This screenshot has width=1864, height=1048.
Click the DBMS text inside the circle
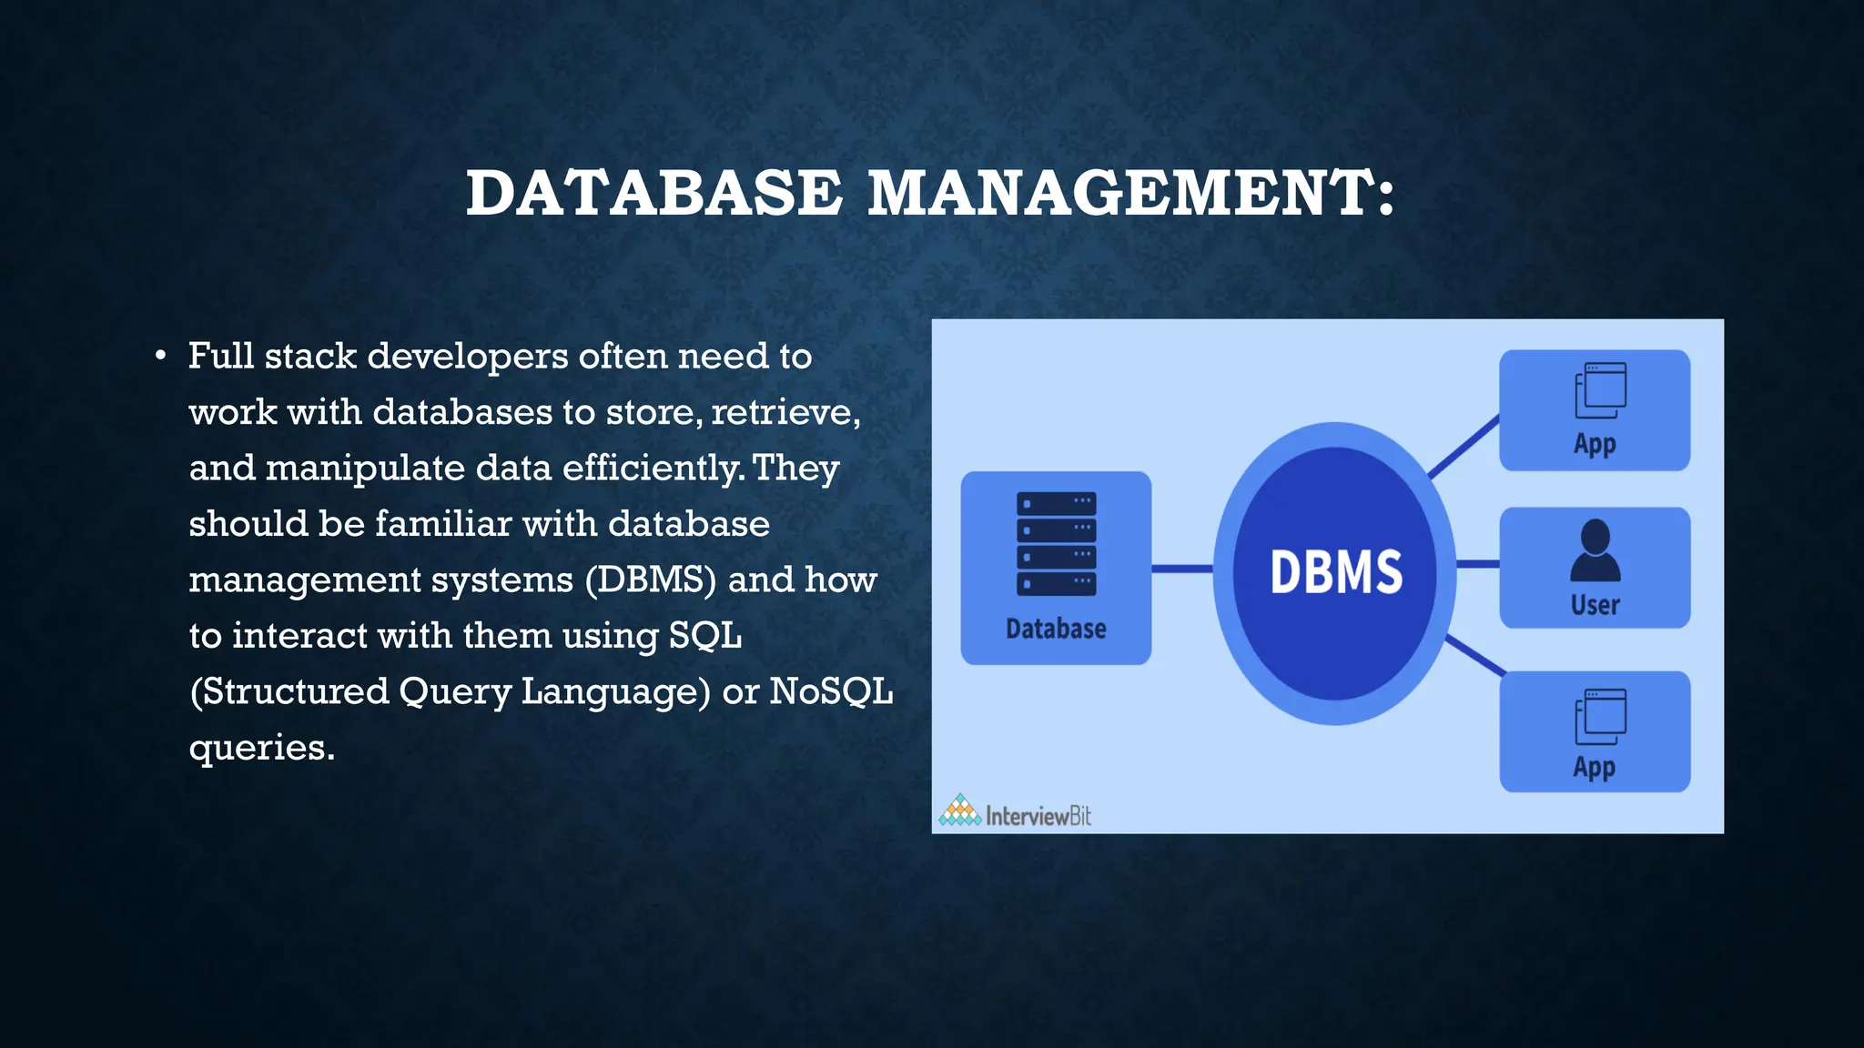click(x=1336, y=572)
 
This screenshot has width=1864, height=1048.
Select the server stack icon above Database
click(x=1056, y=544)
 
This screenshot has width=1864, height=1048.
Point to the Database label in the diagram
click(x=1056, y=629)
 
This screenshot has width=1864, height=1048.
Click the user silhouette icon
click(x=1595, y=550)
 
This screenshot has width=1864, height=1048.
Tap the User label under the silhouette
click(x=1595, y=605)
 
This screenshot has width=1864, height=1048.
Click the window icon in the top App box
click(x=1599, y=391)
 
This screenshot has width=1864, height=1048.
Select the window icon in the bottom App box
click(x=1599, y=716)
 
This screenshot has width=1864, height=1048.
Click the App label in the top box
click(x=1595, y=444)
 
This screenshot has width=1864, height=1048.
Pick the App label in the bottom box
click(x=1595, y=768)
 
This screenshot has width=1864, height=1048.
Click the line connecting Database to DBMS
click(x=1181, y=569)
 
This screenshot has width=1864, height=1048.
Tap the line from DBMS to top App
click(x=1464, y=446)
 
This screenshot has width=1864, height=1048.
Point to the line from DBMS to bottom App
click(x=1474, y=656)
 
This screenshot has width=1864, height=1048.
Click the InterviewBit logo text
click(x=1038, y=816)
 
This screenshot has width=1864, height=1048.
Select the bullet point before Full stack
click(x=160, y=356)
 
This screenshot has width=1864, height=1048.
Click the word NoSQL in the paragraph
click(x=830, y=691)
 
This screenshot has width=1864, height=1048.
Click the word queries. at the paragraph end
click(x=262, y=748)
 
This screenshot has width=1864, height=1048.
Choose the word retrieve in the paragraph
click(x=783, y=412)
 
